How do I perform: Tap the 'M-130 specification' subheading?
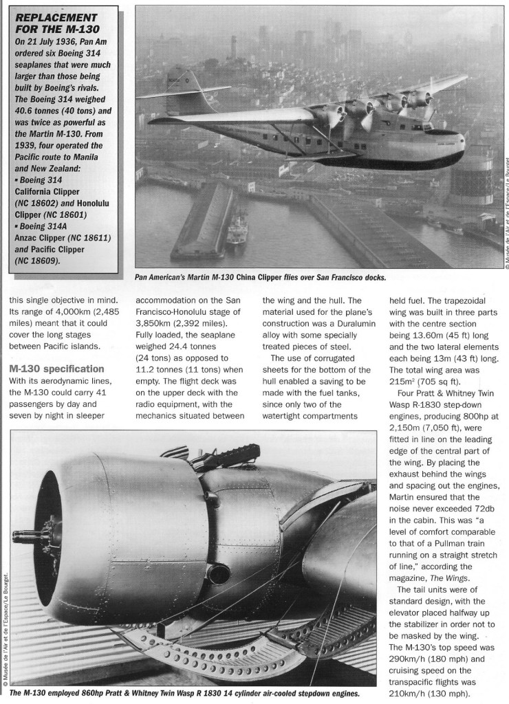(x=56, y=369)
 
